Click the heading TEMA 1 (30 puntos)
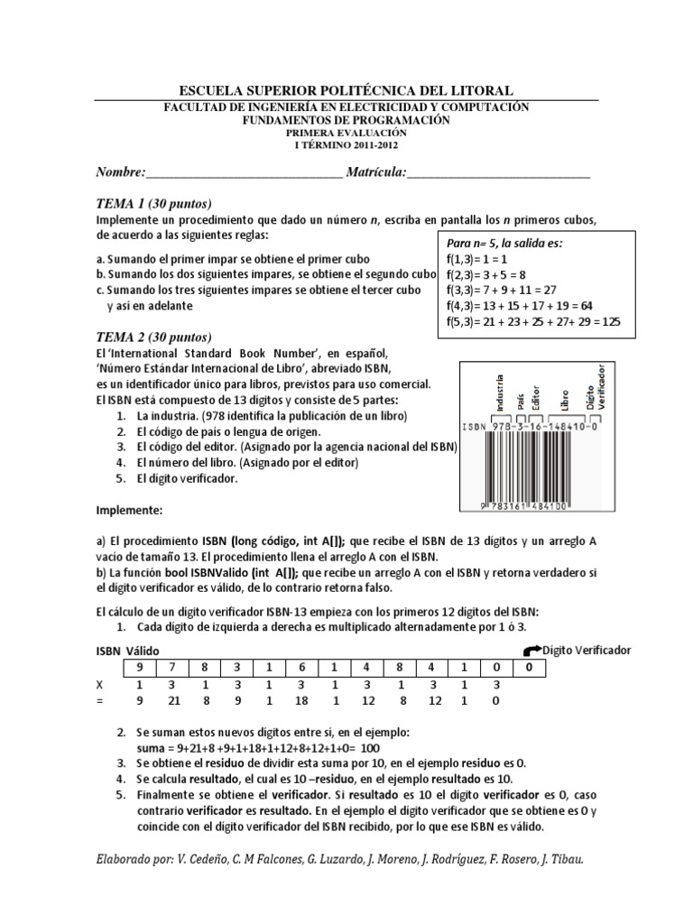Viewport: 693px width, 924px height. [153, 203]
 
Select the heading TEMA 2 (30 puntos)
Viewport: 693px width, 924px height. [153, 336]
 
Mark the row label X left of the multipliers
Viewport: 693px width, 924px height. [100, 684]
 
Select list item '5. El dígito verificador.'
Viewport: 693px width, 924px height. [176, 478]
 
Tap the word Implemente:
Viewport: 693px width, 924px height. [129, 510]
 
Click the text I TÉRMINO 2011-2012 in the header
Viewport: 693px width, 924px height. [346, 143]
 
